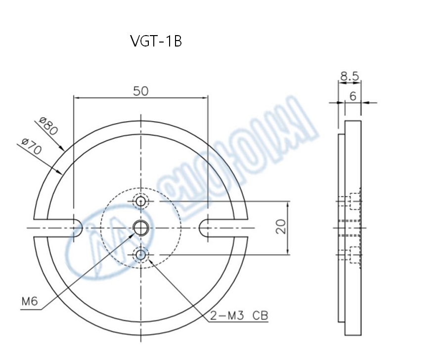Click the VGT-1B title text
[x=156, y=42]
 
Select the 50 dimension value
[x=141, y=91]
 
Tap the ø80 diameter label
[x=48, y=127]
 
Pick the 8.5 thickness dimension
[x=350, y=77]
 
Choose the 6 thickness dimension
[x=353, y=96]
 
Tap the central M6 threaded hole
[x=141, y=228]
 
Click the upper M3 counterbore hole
[x=141, y=201]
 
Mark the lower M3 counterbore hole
[x=141, y=255]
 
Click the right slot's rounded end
[x=204, y=228]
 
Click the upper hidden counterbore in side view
[x=354, y=201]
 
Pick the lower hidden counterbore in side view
[x=354, y=255]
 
